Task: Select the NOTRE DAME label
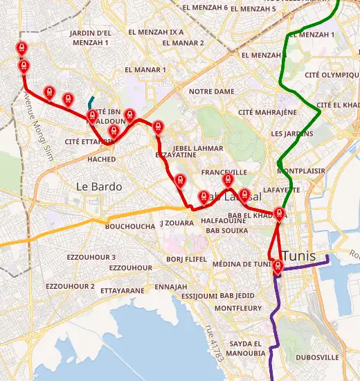(212, 91)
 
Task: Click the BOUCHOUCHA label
(130, 226)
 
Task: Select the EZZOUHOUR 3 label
(91, 257)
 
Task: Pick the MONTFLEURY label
(238, 308)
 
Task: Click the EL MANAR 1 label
(145, 69)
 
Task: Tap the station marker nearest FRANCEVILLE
(227, 181)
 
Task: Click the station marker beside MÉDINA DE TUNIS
(277, 267)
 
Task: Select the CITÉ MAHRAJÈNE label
(267, 112)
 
